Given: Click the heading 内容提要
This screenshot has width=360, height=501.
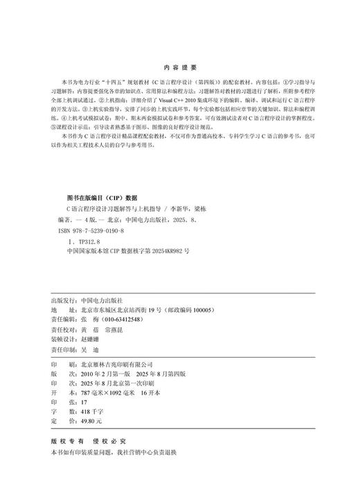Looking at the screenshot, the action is [180, 68].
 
